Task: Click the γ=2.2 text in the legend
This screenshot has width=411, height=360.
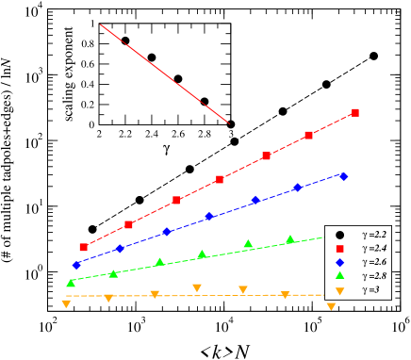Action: click(374, 234)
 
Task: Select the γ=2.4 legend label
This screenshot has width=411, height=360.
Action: click(374, 248)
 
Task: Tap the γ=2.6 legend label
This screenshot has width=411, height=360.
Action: click(374, 262)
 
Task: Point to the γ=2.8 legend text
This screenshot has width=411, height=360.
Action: click(374, 276)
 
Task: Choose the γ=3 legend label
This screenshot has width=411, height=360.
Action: click(371, 290)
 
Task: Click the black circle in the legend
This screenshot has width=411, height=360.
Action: click(339, 234)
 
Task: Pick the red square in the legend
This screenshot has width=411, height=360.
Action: click(339, 248)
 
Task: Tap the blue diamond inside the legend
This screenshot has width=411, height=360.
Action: click(339, 262)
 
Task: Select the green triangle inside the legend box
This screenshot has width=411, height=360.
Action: click(339, 275)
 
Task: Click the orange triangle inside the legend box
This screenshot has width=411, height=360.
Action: click(339, 290)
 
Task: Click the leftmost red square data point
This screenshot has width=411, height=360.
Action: click(83, 247)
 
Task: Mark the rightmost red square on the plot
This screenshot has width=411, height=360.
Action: click(355, 112)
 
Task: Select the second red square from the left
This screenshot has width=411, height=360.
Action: click(129, 224)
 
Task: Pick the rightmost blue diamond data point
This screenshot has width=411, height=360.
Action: click(343, 176)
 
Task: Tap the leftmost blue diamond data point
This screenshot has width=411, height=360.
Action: click(76, 265)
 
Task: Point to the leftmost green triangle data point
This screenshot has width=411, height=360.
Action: click(71, 283)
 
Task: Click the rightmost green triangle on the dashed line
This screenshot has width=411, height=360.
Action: click(290, 239)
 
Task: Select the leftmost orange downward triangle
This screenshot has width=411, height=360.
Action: click(66, 303)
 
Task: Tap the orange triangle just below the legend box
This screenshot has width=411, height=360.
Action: click(331, 306)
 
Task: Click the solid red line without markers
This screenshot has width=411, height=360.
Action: click(165, 74)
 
